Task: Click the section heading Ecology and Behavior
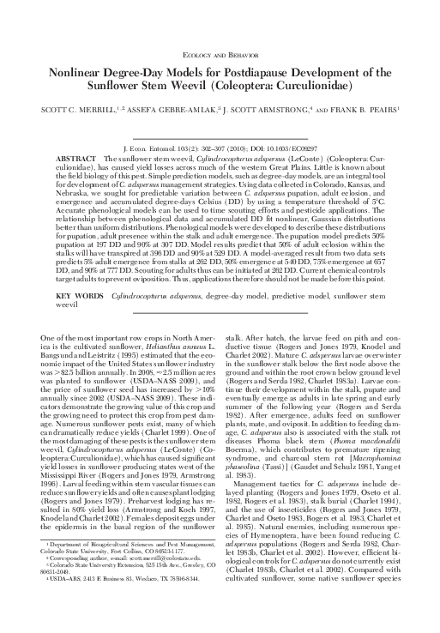tap(220, 52)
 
